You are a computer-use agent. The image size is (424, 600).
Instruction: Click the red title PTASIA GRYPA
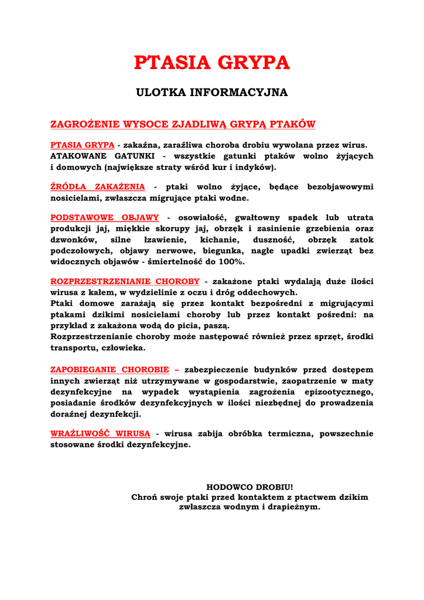(211, 62)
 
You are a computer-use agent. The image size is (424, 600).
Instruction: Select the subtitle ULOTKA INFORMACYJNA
(211, 93)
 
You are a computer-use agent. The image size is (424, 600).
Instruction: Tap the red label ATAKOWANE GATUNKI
(102, 156)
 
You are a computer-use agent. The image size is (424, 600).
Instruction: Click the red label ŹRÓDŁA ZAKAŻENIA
(98, 187)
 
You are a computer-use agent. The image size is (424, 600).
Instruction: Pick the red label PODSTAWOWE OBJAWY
(105, 217)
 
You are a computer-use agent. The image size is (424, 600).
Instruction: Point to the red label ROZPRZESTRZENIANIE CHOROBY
(125, 281)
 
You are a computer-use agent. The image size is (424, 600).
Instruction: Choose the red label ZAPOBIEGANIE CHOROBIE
(115, 370)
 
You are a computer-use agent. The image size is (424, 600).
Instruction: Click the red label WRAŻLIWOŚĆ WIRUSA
(100, 434)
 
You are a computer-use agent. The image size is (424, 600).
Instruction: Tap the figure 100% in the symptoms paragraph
(231, 262)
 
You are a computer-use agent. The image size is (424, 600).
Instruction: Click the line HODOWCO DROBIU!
(249, 487)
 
